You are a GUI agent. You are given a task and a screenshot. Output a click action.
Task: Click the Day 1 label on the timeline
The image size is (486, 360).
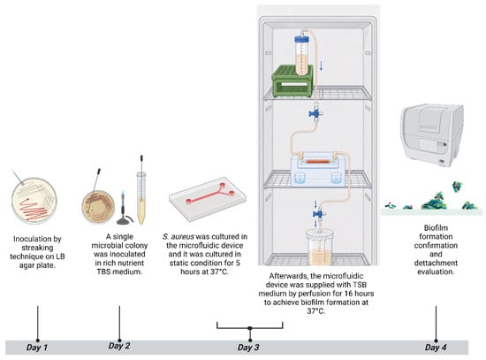(37, 348)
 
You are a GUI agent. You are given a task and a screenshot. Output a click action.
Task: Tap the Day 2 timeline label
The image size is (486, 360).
(119, 346)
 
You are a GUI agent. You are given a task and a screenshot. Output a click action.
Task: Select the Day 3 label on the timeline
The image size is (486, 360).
(248, 348)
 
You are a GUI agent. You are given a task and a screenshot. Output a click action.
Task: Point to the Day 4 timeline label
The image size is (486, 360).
(436, 348)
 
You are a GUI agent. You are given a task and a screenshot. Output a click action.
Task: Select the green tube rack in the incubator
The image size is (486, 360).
(292, 81)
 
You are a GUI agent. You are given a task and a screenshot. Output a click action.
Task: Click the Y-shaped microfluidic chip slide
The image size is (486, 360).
(208, 198)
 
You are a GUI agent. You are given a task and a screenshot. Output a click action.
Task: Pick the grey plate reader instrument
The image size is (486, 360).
(432, 135)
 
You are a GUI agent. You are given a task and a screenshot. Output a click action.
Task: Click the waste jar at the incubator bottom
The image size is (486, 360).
(319, 247)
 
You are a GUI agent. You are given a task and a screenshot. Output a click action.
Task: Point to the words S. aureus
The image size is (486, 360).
(178, 237)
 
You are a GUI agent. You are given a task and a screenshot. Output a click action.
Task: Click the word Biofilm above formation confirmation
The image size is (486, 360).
(436, 228)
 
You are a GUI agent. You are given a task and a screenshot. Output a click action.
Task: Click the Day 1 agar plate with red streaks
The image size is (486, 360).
(34, 201)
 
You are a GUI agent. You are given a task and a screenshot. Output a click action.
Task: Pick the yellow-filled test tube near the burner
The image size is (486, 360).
(141, 198)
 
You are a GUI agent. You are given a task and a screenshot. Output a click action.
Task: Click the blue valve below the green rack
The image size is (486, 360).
(315, 113)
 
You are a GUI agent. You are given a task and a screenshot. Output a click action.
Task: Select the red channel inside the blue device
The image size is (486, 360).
(318, 162)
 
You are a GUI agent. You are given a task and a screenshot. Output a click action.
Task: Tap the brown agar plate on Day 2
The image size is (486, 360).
(98, 207)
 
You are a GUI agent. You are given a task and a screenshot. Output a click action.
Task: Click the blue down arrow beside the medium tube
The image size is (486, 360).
(322, 65)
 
